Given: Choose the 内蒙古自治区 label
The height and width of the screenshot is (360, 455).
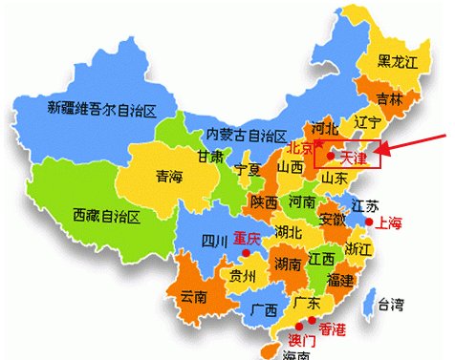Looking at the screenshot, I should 247,134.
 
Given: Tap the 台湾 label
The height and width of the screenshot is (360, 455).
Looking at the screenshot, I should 390,306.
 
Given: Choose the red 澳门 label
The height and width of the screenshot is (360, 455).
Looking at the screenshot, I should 300,339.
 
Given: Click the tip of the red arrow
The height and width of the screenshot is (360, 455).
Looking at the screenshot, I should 383,151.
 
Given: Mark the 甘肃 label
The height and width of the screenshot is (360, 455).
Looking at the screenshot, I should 211,156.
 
